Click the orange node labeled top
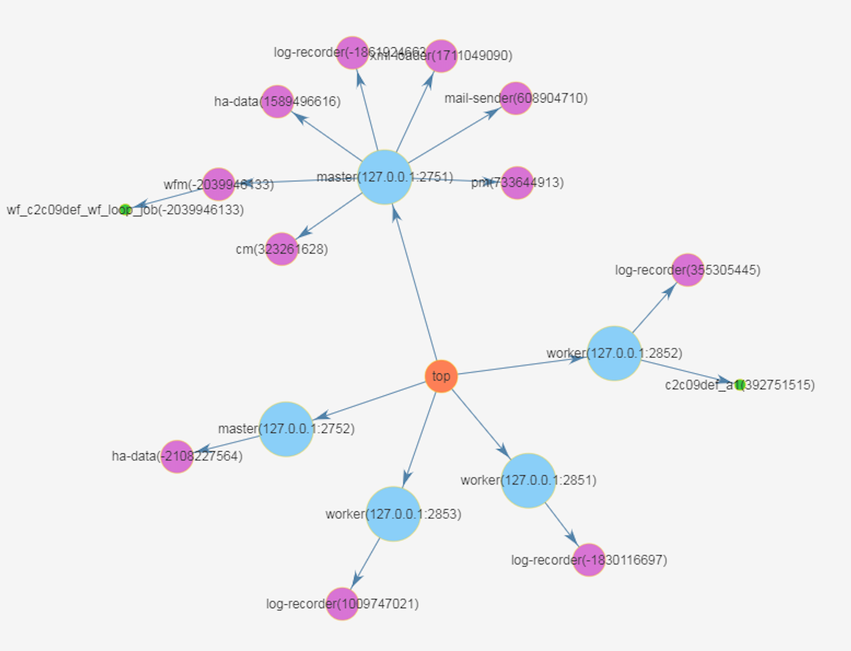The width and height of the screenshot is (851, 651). pos(441,376)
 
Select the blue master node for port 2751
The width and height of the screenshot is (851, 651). pos(385,177)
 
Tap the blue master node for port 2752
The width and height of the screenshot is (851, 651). pos(286,429)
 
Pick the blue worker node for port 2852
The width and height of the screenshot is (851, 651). pos(614,353)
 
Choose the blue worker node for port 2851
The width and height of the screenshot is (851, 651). pos(528,480)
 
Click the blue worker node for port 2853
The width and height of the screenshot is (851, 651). pos(393,514)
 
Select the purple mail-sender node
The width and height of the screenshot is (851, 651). pos(516,99)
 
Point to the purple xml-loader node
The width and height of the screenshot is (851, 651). pos(441,56)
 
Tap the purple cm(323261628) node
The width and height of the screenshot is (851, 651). pos(281,249)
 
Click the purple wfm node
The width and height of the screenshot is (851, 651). pos(218,184)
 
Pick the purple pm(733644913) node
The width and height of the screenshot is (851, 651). pos(517,183)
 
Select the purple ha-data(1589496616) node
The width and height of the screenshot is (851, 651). pos(277,102)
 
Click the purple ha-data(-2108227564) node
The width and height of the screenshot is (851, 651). pos(177,456)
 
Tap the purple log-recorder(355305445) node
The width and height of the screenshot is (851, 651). pos(687,270)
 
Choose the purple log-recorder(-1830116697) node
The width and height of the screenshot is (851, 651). pos(589,560)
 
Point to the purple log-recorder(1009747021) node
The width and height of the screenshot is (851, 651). pos(342,604)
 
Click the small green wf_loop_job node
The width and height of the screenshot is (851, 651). pos(126,210)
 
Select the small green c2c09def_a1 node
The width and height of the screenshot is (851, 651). pos(739,385)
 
